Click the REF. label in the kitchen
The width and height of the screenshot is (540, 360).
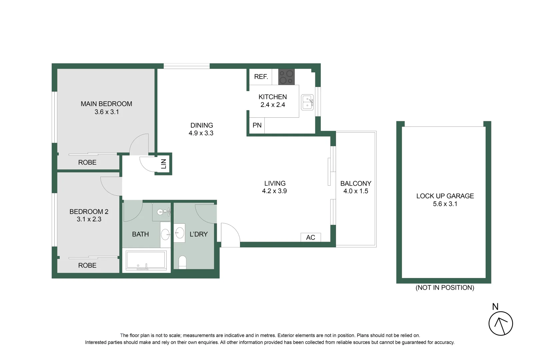point(261,77)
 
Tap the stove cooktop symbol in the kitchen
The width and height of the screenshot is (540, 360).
point(286,77)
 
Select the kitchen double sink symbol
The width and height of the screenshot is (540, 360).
point(307,102)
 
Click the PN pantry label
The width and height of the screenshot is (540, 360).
point(257,125)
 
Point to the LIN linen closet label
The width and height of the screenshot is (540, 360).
point(164,164)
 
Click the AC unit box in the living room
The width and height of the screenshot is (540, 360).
point(311,237)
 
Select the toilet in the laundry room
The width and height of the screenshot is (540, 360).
point(182,262)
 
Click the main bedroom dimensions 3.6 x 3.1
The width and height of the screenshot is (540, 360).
point(107,112)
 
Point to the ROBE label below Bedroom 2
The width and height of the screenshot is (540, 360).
point(87,265)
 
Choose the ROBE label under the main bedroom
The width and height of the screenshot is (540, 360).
point(87,162)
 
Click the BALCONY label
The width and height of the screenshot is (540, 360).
point(356,183)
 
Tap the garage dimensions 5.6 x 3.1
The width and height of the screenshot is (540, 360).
point(445,204)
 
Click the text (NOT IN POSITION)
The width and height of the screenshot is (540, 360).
point(445,288)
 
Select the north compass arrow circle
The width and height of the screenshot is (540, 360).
point(501,323)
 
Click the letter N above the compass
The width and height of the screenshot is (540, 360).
point(495,307)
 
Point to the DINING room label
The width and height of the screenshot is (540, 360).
point(202,125)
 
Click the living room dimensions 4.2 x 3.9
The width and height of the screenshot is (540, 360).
point(274,191)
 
